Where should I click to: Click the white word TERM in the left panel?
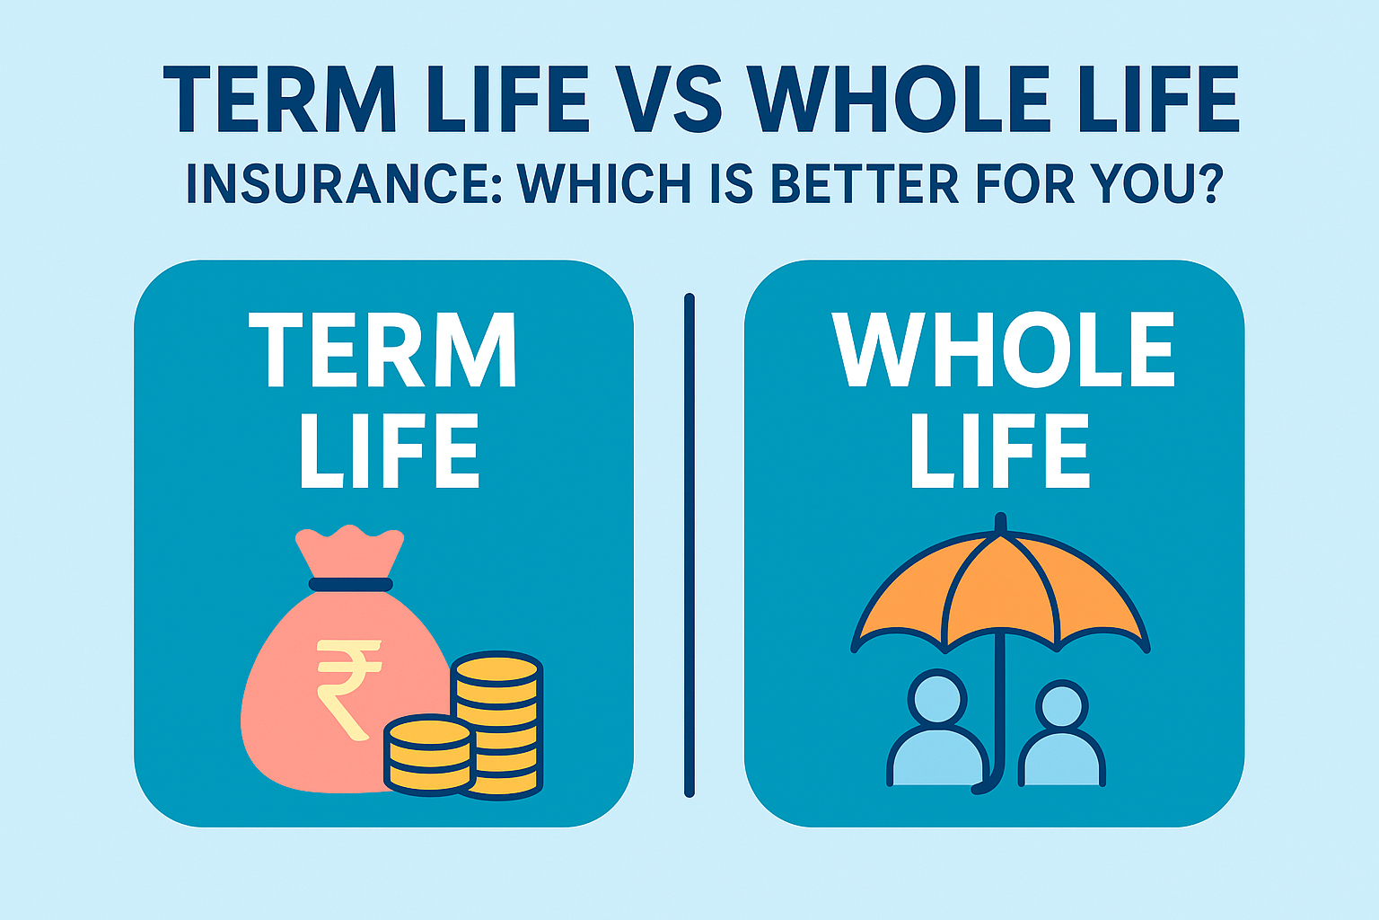click(x=383, y=350)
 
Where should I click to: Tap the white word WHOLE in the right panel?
click(x=1003, y=350)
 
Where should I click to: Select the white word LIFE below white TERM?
click(x=389, y=452)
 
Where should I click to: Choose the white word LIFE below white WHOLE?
click(x=999, y=452)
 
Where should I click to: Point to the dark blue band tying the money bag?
click(x=350, y=585)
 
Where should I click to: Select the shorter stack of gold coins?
click(x=428, y=755)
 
